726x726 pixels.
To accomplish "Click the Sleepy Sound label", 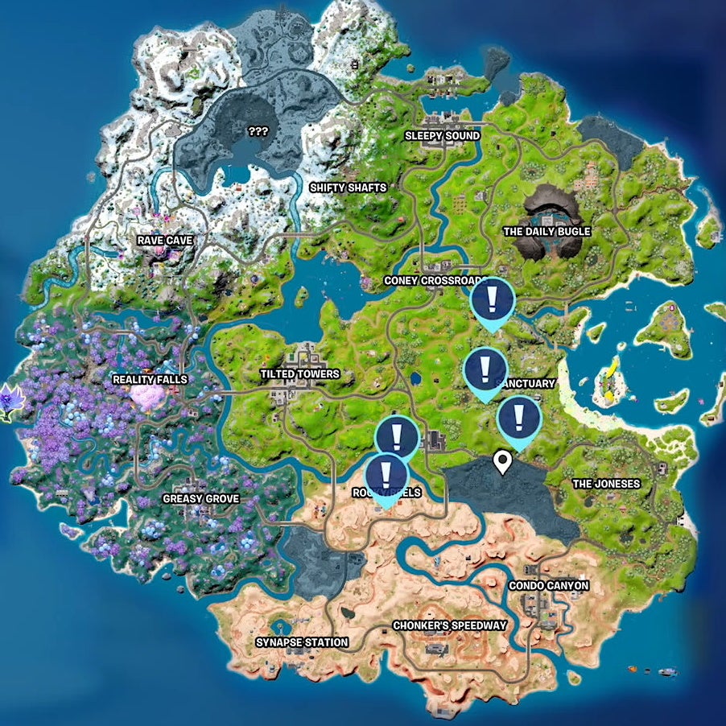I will click(442, 136).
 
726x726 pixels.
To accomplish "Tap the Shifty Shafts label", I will click(348, 188).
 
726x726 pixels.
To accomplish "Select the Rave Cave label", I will click(164, 240).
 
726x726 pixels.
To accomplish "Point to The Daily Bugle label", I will click(547, 232).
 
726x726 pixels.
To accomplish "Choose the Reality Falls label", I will click(150, 379).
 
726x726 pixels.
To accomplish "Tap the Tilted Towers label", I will click(299, 374).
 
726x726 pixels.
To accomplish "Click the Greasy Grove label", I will click(200, 499).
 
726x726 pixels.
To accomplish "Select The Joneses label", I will click(605, 484).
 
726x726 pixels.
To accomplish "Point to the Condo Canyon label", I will click(548, 586).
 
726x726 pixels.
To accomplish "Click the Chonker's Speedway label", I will click(449, 625).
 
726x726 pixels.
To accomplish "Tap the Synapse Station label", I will click(302, 642).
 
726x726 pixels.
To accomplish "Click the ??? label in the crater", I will click(258, 130).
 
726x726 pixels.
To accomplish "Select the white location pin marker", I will click(503, 462).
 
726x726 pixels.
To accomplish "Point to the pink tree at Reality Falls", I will click(148, 394).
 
